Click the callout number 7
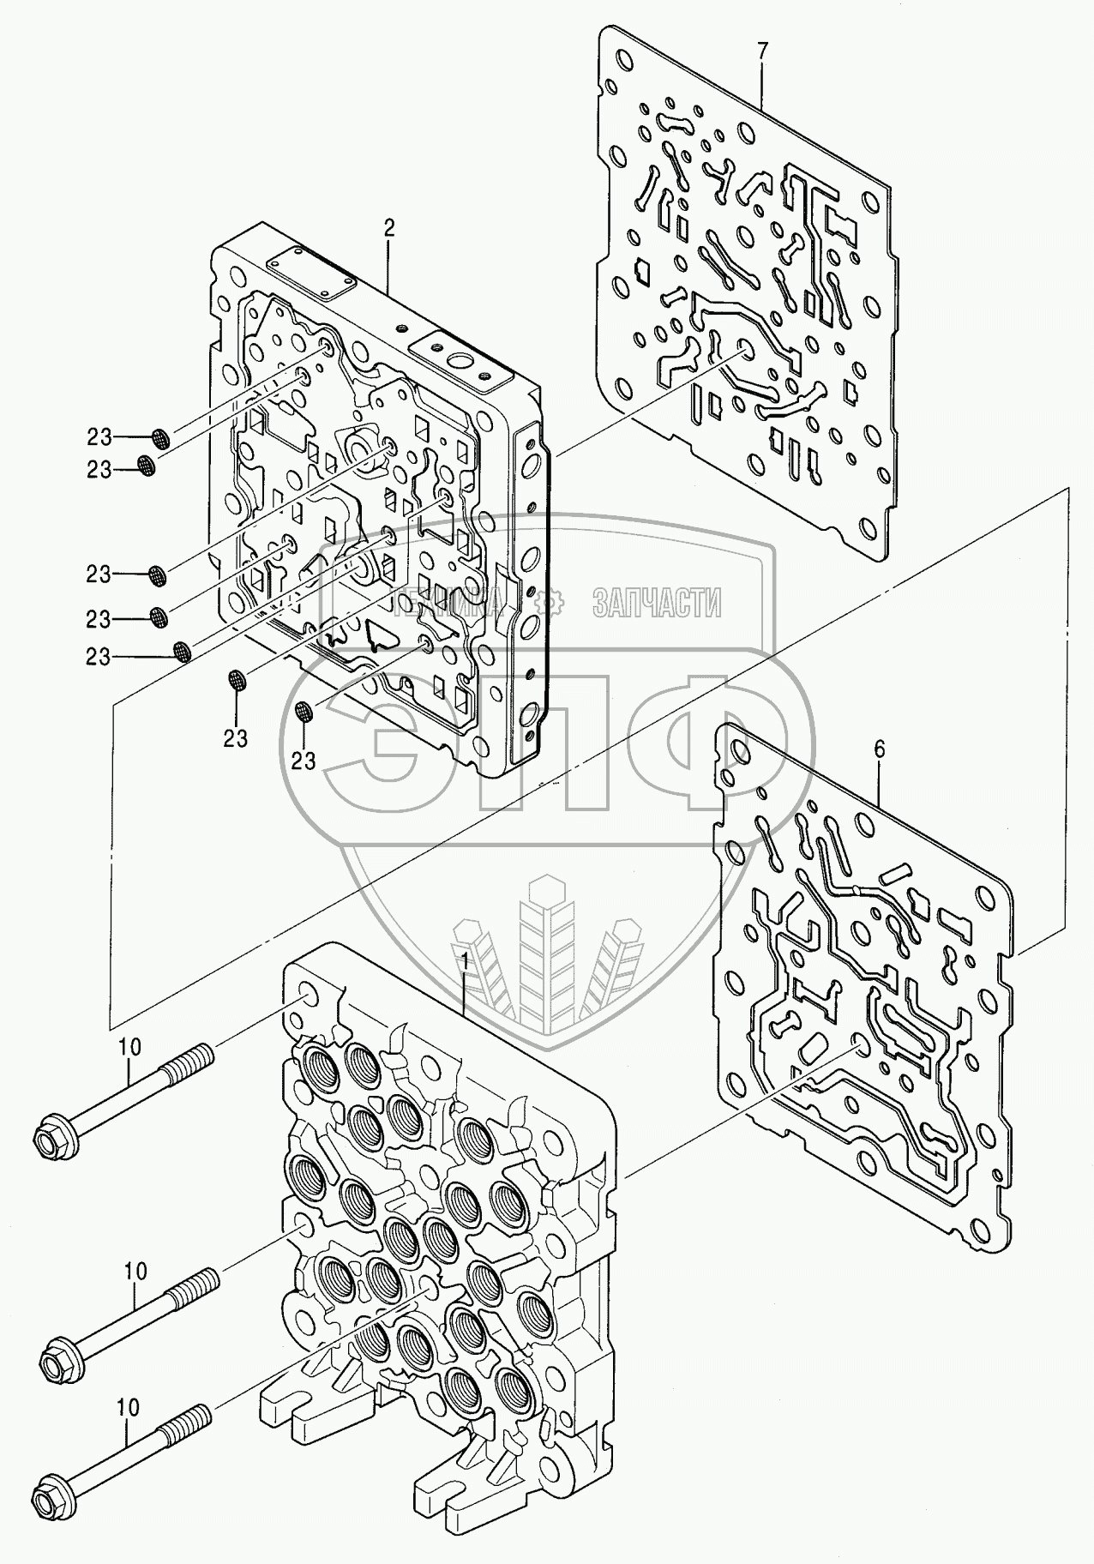click(x=762, y=50)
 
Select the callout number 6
click(x=879, y=749)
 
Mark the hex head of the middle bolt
click(x=58, y=1356)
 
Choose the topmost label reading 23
click(x=99, y=437)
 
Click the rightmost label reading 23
click(x=303, y=760)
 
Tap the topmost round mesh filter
click(x=160, y=439)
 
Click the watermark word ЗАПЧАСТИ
click(x=657, y=604)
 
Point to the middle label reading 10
click(x=135, y=1271)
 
